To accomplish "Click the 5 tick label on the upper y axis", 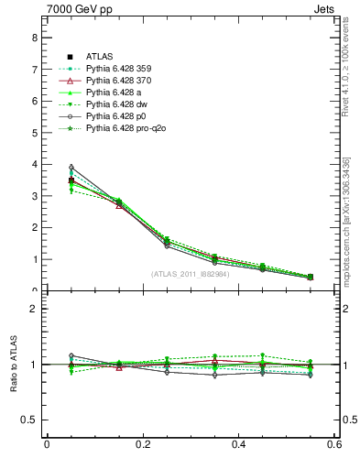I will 34,133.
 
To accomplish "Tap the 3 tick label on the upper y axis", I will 34,196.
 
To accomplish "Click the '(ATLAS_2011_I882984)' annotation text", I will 190,274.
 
